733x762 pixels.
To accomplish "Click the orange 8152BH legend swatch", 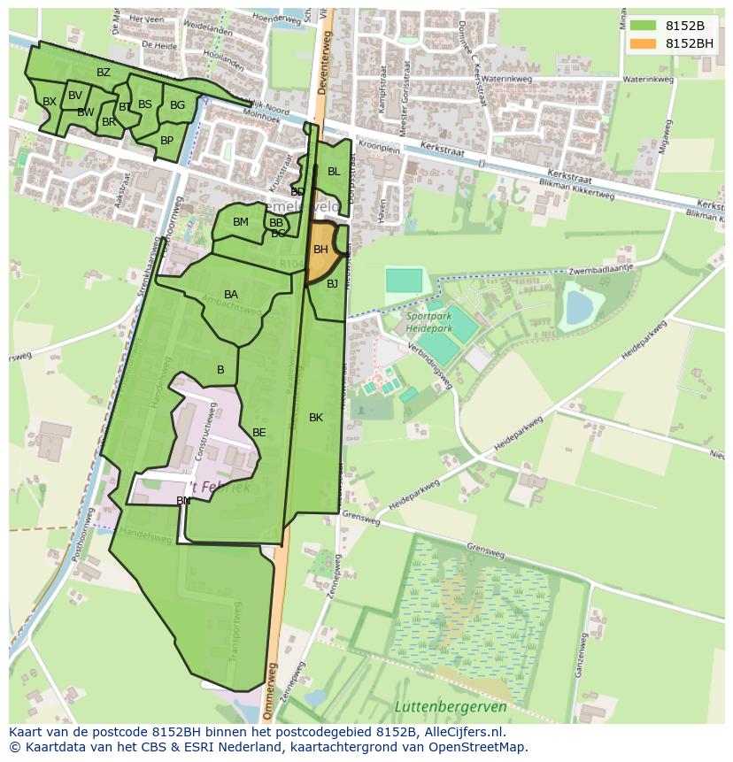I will click(x=643, y=43).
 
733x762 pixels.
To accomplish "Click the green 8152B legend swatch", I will click(x=643, y=26).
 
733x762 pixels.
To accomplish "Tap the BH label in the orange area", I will click(x=320, y=250).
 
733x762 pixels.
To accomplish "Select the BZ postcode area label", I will click(x=104, y=73).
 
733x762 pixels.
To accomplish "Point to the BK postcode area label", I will click(x=316, y=418).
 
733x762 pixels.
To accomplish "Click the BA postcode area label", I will click(x=231, y=295).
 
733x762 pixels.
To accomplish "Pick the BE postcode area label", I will click(x=259, y=433).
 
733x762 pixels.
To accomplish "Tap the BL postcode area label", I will click(x=334, y=172).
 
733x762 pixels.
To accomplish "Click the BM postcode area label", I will click(x=241, y=222).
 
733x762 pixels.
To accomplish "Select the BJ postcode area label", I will click(x=332, y=284).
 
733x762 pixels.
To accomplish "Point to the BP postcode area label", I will click(x=166, y=140).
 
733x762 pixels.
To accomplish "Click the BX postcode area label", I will click(x=50, y=102).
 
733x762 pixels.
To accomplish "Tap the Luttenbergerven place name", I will click(x=451, y=706).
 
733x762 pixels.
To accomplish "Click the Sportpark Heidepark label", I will click(x=429, y=322).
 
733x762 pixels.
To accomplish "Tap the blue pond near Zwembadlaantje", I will click(x=579, y=308).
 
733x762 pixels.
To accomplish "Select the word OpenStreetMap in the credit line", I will click(x=479, y=747).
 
